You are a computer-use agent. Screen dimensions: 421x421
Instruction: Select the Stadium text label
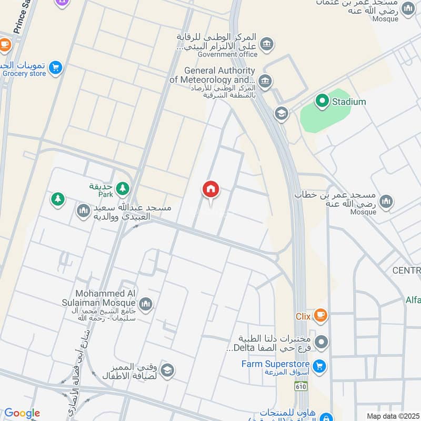pos(348,102)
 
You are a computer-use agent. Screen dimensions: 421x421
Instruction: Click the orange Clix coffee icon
pos(320,316)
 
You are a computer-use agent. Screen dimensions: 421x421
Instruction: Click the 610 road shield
pos(301,386)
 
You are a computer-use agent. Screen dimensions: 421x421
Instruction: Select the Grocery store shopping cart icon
pos(55,67)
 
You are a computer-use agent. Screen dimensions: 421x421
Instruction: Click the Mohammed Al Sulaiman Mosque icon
pos(146,303)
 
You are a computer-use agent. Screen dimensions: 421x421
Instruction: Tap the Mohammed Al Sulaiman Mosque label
pos(105,298)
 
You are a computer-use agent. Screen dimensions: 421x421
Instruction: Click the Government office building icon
pos(267,43)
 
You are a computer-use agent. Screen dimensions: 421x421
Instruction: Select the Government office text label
pos(227,54)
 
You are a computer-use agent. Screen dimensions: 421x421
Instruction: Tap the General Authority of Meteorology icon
pos(266,81)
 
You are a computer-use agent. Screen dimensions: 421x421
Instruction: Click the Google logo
pos(22,413)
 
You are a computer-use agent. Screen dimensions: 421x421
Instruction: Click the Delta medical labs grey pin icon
pos(322,342)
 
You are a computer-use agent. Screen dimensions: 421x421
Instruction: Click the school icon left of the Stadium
pos(282,113)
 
